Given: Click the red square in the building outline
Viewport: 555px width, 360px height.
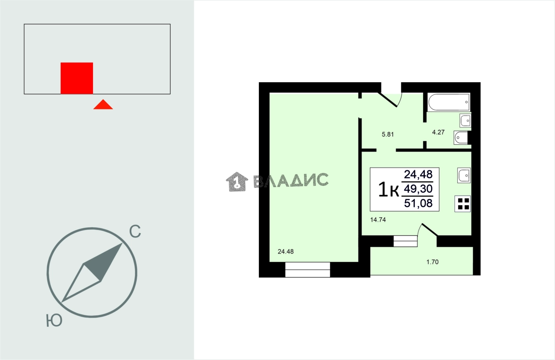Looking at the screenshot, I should pyautogui.click(x=77, y=78).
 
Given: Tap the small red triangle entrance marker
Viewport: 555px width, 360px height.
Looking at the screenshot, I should pyautogui.click(x=103, y=105).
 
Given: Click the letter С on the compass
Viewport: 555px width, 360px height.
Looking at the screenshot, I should pyautogui.click(x=135, y=231).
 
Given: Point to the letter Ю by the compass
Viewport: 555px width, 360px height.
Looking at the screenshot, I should pyautogui.click(x=54, y=321).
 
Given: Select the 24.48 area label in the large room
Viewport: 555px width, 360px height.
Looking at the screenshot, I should pyautogui.click(x=285, y=252).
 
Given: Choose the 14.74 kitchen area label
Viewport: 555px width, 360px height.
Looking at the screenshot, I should pyautogui.click(x=378, y=219).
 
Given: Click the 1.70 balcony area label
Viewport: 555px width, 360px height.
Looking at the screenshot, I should pyautogui.click(x=432, y=262).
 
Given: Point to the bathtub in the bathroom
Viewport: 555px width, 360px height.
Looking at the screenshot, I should pyautogui.click(x=448, y=102).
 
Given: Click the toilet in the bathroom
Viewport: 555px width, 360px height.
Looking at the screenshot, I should pyautogui.click(x=461, y=138).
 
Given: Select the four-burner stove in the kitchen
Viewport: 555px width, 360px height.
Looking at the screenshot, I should pyautogui.click(x=463, y=204).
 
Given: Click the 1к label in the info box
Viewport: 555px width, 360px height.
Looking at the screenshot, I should pyautogui.click(x=388, y=190).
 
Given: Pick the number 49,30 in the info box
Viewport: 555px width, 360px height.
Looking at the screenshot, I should pyautogui.click(x=418, y=189).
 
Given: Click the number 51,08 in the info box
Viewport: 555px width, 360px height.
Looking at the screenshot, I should pyautogui.click(x=418, y=203).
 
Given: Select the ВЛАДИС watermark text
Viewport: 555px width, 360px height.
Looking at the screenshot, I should pyautogui.click(x=291, y=180).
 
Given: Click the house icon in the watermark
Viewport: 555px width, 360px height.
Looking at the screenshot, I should pyautogui.click(x=237, y=181).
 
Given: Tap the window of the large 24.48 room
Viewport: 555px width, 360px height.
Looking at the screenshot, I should pyautogui.click(x=308, y=269).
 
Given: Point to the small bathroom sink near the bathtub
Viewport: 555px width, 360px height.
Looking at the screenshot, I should pyautogui.click(x=465, y=120).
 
